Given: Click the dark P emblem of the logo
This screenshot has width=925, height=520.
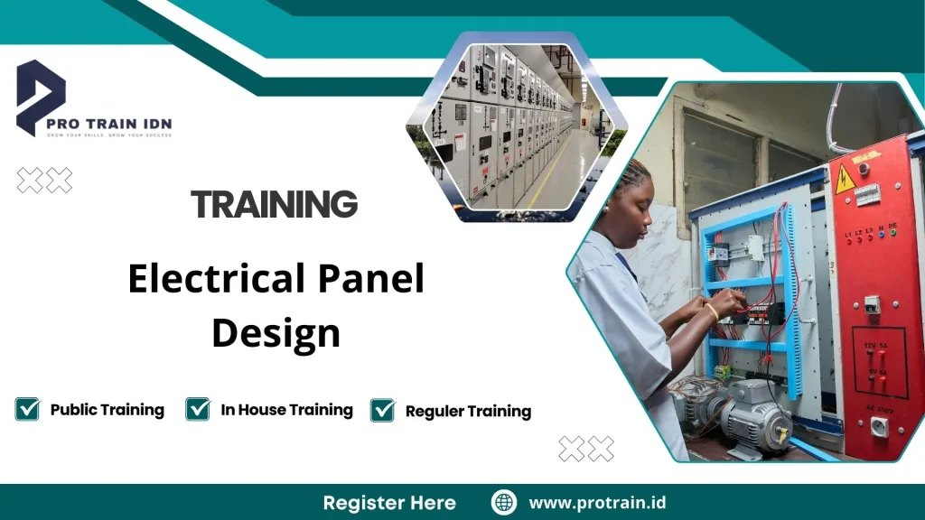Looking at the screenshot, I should pos(40,95).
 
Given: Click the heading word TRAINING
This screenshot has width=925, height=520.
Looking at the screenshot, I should pos(275,204).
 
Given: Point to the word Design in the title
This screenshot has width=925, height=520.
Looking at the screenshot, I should pos(276,332).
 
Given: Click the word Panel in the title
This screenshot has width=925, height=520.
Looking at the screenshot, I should pos(374,280).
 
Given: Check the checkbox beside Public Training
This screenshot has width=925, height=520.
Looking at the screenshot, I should pos(27,409).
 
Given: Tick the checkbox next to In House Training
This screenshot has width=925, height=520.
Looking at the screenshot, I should pos(198,409).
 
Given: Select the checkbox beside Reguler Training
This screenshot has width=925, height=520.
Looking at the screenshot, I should pos(383,410).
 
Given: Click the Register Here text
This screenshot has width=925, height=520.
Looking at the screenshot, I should pos(389,503).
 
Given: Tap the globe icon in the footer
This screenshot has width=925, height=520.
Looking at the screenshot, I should pos(504,503).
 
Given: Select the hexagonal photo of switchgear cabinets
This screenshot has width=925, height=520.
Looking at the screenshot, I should pos(511,127).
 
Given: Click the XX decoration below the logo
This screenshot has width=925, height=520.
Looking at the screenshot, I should pos(44,181).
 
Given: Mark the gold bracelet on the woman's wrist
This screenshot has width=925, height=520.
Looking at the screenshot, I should pos(713,311).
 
